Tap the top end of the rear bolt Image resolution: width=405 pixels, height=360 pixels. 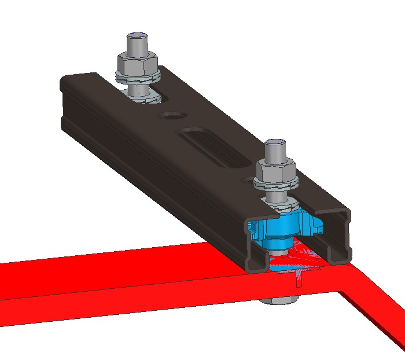[137, 38]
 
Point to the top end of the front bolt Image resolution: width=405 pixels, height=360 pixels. [274, 145]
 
